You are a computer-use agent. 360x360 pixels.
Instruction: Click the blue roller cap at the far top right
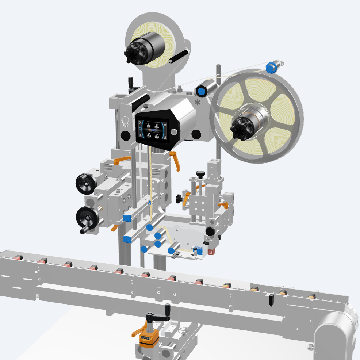click(x=271, y=67)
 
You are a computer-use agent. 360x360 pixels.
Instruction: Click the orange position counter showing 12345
click(x=149, y=338)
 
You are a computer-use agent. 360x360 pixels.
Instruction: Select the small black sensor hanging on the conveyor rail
click(x=271, y=300)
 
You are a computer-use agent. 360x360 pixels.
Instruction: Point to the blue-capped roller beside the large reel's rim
click(x=201, y=90)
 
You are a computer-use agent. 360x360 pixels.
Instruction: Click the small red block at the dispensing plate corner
click(x=211, y=252)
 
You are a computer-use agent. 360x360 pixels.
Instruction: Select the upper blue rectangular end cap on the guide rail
click(x=127, y=218)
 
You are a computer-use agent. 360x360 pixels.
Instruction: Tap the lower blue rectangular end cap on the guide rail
click(x=127, y=240)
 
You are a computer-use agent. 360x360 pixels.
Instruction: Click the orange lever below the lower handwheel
click(x=114, y=228)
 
